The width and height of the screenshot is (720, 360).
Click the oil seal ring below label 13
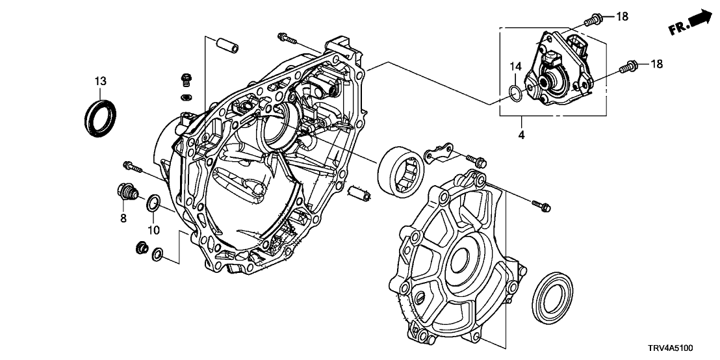point(102,116)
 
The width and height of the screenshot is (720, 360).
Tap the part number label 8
point(122,219)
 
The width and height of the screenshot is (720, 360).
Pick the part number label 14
point(515,67)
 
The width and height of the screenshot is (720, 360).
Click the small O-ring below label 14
point(515,94)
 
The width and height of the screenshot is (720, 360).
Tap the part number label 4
point(521,136)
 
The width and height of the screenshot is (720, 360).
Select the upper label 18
point(622,16)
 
